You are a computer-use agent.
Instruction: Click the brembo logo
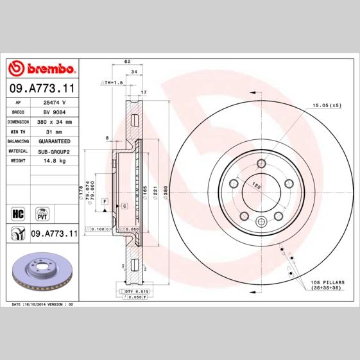tap(42, 69)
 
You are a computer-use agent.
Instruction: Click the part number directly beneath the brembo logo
tap(42, 87)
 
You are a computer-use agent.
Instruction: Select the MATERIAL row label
tap(17, 151)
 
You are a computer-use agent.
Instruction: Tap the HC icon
tap(18, 212)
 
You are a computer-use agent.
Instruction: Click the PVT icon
tap(42, 212)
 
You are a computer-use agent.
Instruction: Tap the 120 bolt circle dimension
tap(256, 186)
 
